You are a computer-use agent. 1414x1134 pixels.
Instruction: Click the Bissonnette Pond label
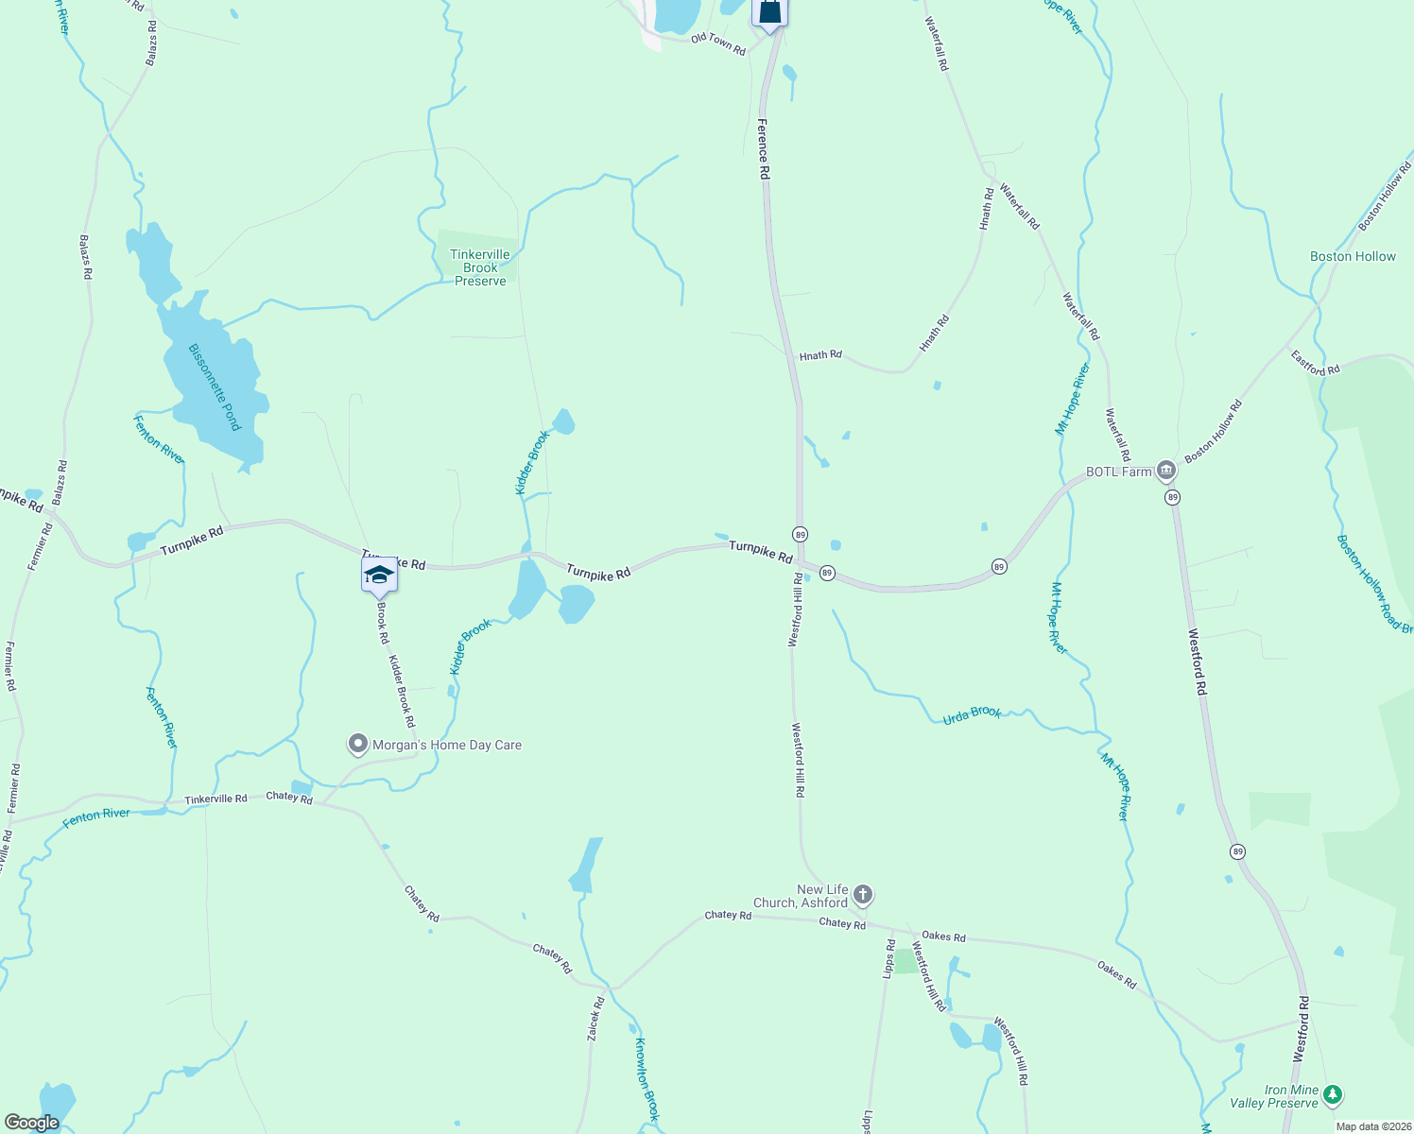click(x=216, y=387)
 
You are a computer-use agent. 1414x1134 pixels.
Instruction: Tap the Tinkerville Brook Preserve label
click(x=480, y=268)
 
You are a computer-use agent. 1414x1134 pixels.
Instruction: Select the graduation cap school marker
click(x=379, y=575)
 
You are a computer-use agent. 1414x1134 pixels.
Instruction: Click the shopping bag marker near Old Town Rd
click(x=769, y=12)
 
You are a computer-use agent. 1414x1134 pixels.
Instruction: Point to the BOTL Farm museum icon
click(x=1165, y=471)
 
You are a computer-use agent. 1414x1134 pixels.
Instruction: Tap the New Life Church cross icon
click(x=862, y=894)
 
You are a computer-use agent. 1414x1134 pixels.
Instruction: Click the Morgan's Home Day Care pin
click(x=357, y=745)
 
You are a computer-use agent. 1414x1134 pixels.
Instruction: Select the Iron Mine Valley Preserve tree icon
click(x=1333, y=1095)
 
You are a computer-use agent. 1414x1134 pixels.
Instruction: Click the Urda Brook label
click(x=972, y=714)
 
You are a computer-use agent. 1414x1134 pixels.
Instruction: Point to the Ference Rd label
click(x=764, y=148)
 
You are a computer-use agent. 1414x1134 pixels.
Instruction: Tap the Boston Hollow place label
click(x=1353, y=257)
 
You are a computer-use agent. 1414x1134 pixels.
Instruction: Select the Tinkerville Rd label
click(x=216, y=799)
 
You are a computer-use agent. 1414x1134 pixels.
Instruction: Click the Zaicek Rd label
click(x=595, y=1020)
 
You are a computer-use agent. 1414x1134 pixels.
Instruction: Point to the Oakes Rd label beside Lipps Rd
click(x=943, y=936)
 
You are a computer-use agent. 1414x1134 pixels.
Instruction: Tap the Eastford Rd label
click(x=1315, y=363)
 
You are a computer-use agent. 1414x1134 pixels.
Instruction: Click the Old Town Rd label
click(x=717, y=43)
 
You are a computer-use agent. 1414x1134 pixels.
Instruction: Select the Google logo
click(x=31, y=1123)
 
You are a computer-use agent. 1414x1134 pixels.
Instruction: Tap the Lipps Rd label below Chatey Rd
click(x=889, y=958)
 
